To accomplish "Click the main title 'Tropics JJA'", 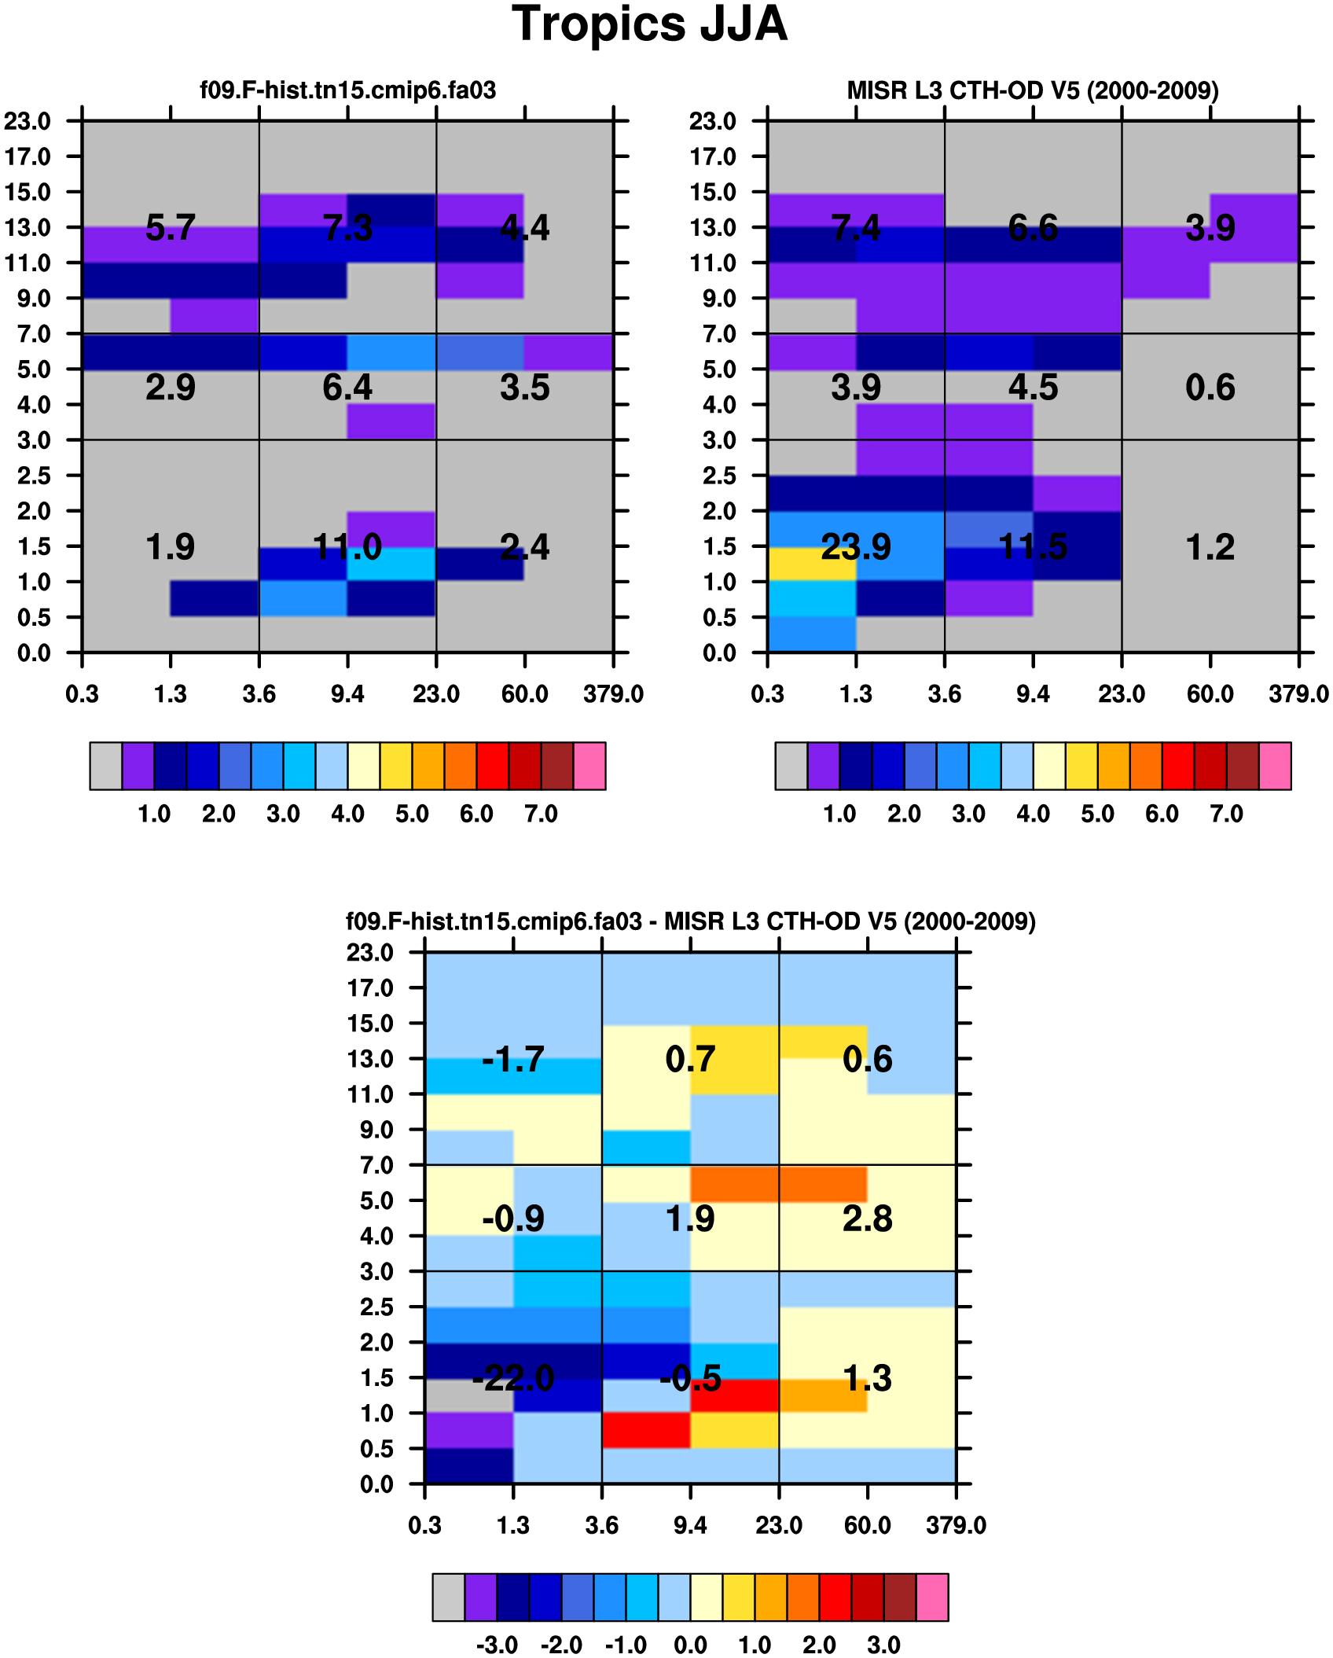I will [649, 24].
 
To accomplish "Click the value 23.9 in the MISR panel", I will [856, 546].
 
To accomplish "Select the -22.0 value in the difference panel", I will [513, 1377].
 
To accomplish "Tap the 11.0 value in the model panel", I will [347, 546].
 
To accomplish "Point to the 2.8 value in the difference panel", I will [867, 1219].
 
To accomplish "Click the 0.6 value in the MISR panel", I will [1210, 388].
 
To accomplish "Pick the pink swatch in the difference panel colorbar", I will [932, 1597].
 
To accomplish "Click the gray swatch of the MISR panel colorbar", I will [791, 765].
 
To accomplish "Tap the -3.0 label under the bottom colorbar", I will [497, 1645].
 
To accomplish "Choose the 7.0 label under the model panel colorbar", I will [541, 814].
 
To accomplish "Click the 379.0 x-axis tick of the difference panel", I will [956, 1525].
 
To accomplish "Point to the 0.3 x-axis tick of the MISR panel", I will [767, 694].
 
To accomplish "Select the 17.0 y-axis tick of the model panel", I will [28, 156].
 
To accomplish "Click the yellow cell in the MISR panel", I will [812, 564].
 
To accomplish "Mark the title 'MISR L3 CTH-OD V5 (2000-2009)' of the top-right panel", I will [1033, 90].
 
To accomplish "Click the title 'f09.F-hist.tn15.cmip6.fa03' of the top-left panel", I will [347, 90].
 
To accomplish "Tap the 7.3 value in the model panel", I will [347, 228].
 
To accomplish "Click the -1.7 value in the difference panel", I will [513, 1059].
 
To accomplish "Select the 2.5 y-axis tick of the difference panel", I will [376, 1307].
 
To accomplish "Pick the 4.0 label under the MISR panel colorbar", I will [1033, 814].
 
